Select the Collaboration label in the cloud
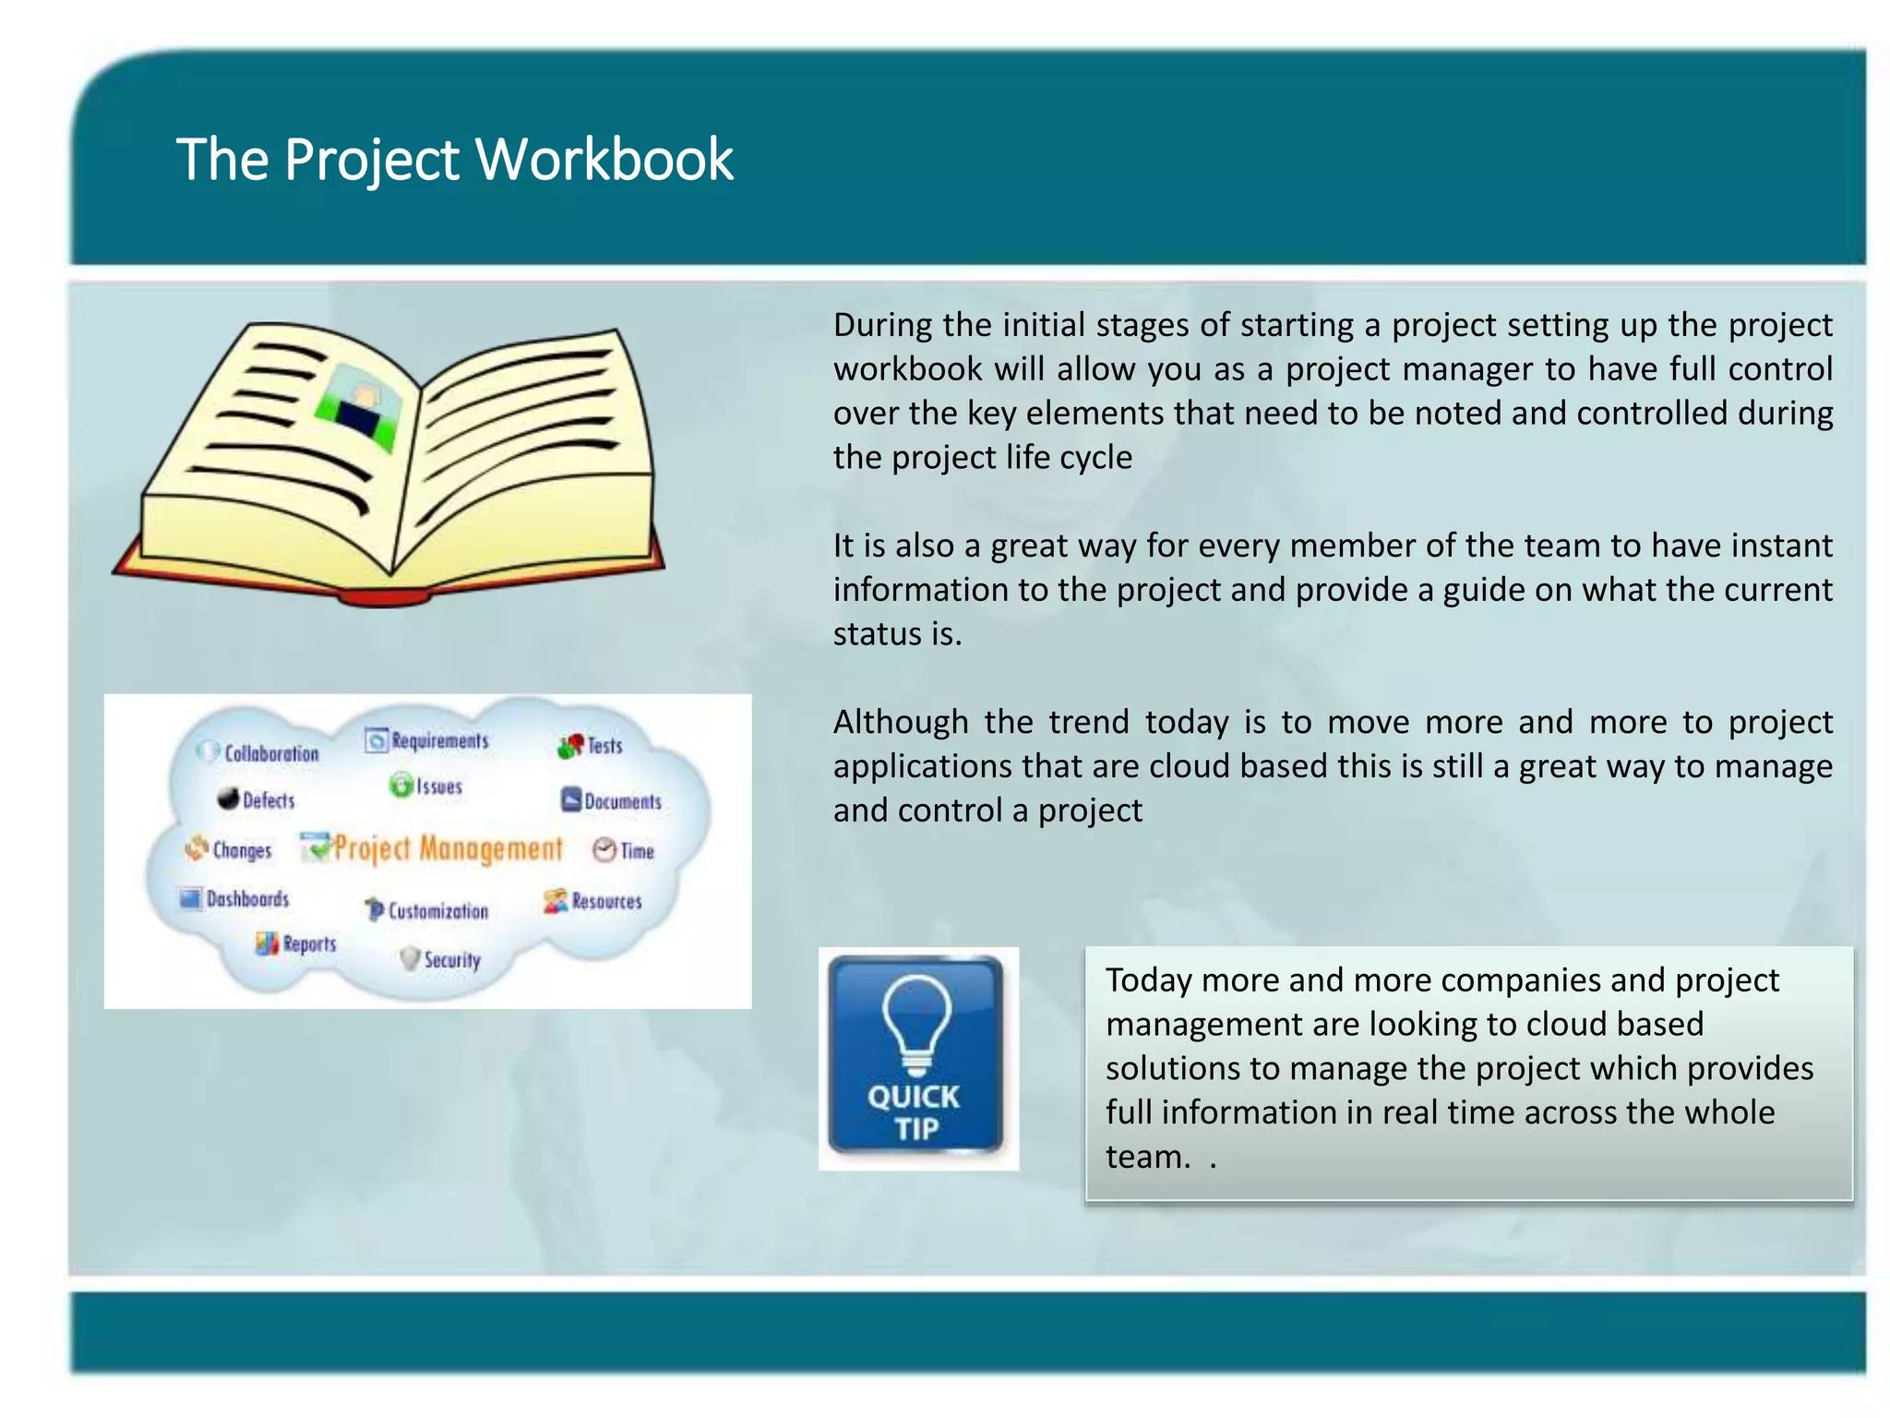pos(270,753)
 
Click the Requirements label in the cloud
pos(439,740)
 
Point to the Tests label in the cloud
pos(604,745)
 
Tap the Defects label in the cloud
pos(268,799)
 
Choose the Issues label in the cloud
pos(437,787)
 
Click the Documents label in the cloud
pos(622,801)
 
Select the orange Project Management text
pos(448,847)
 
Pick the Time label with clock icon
pos(636,850)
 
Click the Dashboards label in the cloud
pos(246,898)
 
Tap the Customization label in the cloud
pos(437,911)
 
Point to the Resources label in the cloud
pos(605,901)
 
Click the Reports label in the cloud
pos(308,943)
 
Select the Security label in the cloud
pos(451,959)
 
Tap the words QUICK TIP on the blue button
pos(915,1112)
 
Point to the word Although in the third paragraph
pos(900,722)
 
